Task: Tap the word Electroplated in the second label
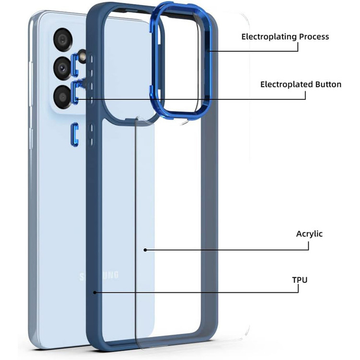[x=284, y=84]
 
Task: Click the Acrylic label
[x=309, y=234]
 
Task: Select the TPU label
[x=300, y=279]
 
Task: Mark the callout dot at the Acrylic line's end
[x=145, y=250]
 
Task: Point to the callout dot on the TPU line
[x=95, y=292]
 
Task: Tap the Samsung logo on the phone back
[x=99, y=276]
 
